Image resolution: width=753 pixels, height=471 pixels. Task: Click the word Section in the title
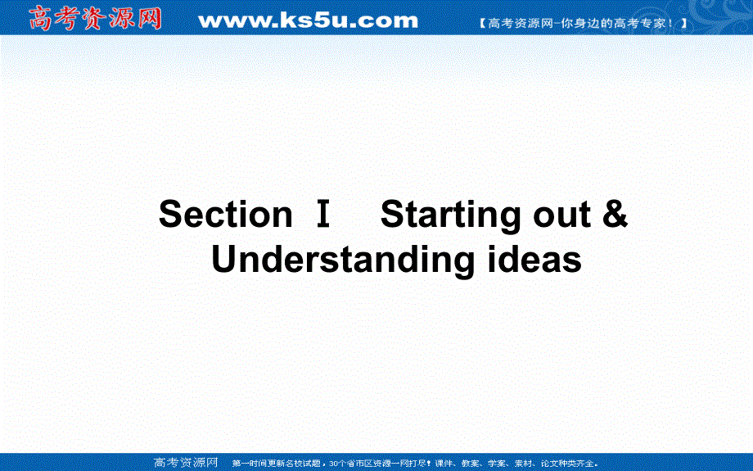click(225, 215)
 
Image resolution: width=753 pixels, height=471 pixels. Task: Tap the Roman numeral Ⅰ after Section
click(322, 215)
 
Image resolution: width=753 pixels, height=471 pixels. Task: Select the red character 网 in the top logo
click(148, 18)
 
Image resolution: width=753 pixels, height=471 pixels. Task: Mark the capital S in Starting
click(393, 215)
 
